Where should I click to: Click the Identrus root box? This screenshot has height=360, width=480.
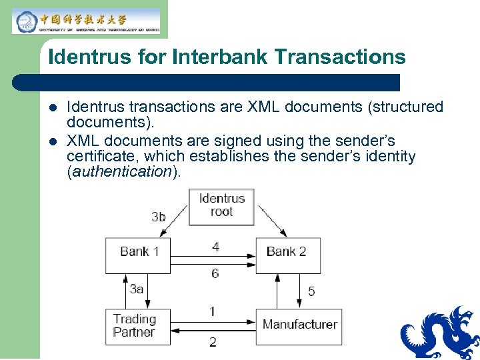coord(221,205)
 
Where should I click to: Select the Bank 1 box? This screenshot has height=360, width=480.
coord(138,254)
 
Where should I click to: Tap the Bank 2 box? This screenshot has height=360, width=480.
coord(287,254)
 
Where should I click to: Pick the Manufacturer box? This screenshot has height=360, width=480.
coord(299,326)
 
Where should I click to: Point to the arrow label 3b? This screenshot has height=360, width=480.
coord(159,216)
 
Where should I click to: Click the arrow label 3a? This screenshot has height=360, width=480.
coord(137,289)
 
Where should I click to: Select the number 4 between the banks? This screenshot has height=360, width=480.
coord(215,247)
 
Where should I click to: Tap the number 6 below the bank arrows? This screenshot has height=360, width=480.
coord(215,273)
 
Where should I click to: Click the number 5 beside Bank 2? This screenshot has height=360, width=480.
coord(311,291)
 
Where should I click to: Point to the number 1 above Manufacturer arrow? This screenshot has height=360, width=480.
coord(212,311)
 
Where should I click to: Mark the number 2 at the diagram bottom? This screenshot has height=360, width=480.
coord(213,342)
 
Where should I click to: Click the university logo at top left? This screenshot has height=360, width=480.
coord(86,21)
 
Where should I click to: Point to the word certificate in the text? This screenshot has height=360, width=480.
coord(99,157)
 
